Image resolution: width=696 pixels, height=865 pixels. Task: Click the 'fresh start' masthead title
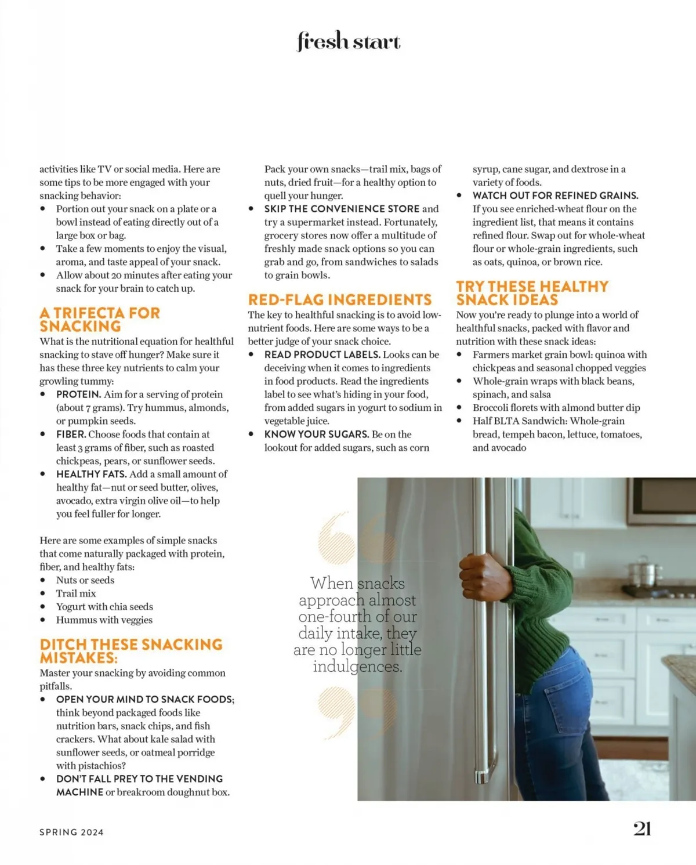pyautogui.click(x=349, y=42)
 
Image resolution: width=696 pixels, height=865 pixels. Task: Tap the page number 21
pyautogui.click(x=641, y=828)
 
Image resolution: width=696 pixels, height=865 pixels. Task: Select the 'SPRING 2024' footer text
pyautogui.click(x=71, y=832)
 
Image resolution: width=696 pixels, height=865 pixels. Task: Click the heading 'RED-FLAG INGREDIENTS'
pyautogui.click(x=340, y=300)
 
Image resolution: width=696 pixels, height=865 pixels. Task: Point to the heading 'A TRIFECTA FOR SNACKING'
pyautogui.click(x=99, y=320)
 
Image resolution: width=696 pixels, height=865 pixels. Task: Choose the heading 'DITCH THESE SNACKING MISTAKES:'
pyautogui.click(x=130, y=651)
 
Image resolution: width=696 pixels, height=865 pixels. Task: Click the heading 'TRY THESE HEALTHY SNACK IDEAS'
pyautogui.click(x=532, y=293)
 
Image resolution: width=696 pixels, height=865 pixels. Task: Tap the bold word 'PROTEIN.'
pyautogui.click(x=78, y=395)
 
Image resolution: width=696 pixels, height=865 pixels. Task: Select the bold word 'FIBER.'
pyautogui.click(x=71, y=435)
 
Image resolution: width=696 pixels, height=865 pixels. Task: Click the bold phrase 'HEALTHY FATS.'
pyautogui.click(x=91, y=474)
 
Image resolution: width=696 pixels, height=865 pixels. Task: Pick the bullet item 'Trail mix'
pyautogui.click(x=76, y=593)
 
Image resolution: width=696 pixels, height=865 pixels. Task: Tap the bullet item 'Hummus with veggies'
pyautogui.click(x=104, y=620)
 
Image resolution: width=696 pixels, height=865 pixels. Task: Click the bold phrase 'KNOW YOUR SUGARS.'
pyautogui.click(x=316, y=435)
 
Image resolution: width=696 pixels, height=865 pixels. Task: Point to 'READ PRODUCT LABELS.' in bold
pyautogui.click(x=322, y=354)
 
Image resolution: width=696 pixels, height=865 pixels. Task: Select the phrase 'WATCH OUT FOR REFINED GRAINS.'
pyautogui.click(x=555, y=196)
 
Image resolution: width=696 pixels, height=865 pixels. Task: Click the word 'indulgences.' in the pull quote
pyautogui.click(x=357, y=667)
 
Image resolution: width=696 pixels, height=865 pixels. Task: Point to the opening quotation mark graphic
pyautogui.click(x=356, y=538)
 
